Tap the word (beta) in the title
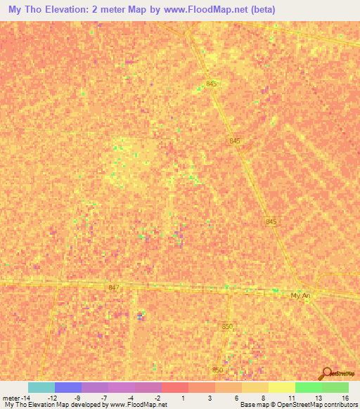pos(258,10)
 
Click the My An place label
pos(300,296)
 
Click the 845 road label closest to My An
pos(272,221)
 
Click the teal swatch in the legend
pos(41,387)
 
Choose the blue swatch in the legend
pos(68,387)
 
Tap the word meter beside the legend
pos(12,398)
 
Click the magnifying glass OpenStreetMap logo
pos(326,373)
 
